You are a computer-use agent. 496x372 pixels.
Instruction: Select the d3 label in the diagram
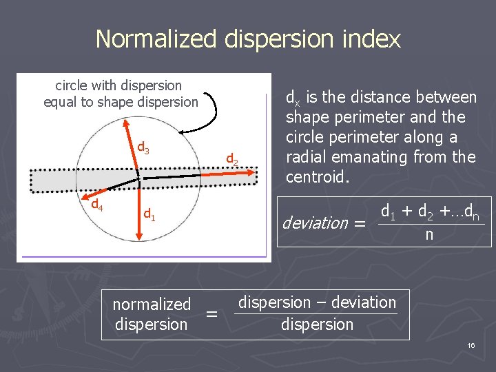pos(143,147)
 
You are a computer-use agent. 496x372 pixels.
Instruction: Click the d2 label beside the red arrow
pos(232,161)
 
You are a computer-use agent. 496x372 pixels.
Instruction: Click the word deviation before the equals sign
pos(315,223)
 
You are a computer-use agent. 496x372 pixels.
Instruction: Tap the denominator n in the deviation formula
pos(429,235)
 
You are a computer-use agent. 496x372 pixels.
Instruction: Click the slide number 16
pos(471,344)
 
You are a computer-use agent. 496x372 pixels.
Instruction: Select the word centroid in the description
pos(316,177)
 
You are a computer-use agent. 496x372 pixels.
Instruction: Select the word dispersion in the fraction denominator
pos(317,324)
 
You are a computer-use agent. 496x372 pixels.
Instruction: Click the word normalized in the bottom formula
pos(152,304)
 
